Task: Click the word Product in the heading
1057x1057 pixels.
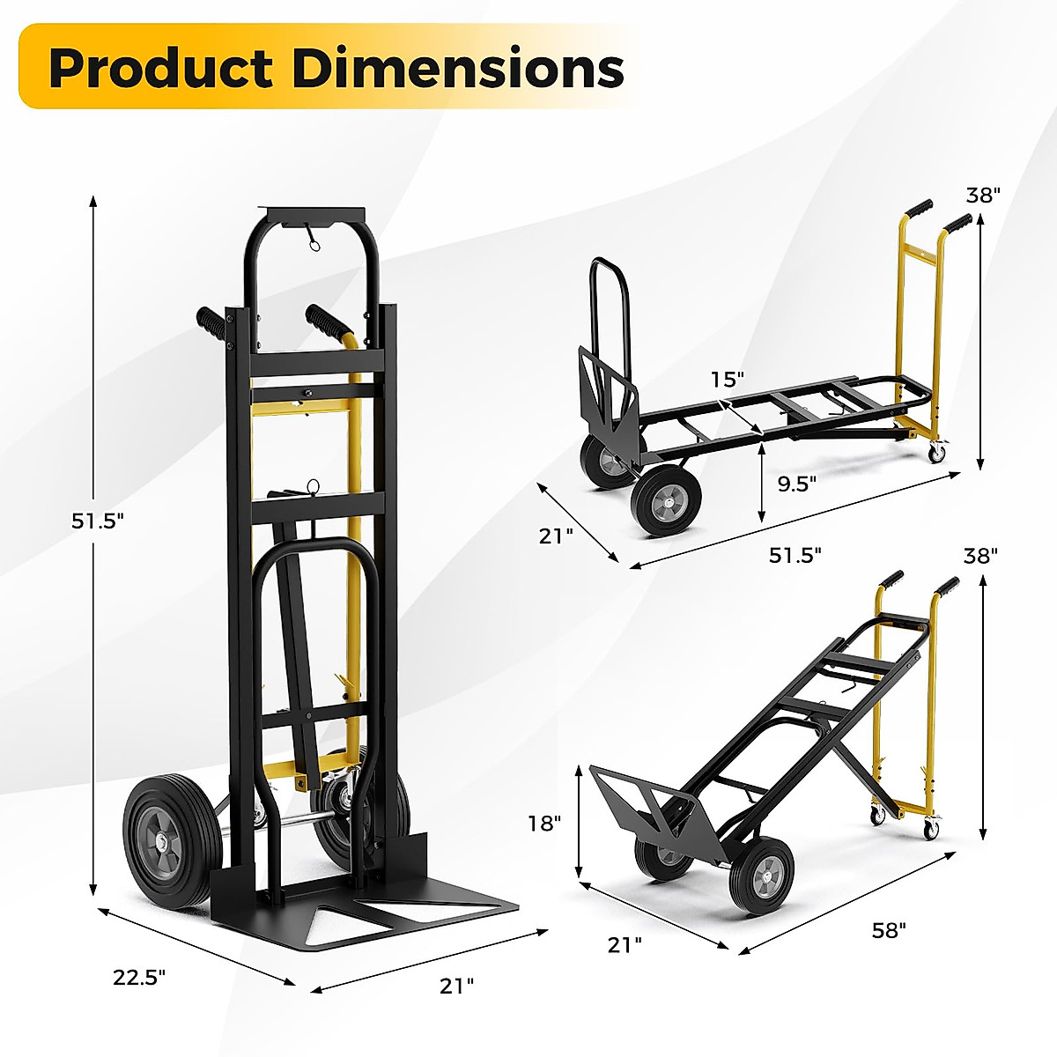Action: coord(160,69)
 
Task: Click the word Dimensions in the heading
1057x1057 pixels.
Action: coord(458,69)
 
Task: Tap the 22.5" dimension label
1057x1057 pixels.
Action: coord(139,976)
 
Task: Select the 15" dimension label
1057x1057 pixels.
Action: coord(728,380)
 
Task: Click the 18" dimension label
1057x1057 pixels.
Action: coord(544,824)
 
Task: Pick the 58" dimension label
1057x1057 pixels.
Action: coord(887,929)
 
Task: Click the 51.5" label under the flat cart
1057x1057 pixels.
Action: coord(795,555)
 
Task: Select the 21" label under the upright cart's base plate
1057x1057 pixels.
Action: coord(456,986)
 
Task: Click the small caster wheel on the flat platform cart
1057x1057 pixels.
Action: coord(936,454)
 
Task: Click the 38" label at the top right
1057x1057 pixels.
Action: coord(983,196)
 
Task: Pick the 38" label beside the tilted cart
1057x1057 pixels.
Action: coord(980,556)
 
